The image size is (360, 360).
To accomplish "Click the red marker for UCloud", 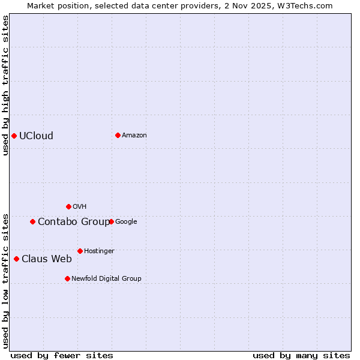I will (x=14, y=136).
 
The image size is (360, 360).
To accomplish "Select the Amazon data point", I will (x=118, y=135).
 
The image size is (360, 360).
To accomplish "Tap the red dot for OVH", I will (x=68, y=206).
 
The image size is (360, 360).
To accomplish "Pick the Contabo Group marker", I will (x=32, y=221).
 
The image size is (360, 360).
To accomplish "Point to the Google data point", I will (x=111, y=221).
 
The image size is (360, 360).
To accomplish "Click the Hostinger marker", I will (x=80, y=251).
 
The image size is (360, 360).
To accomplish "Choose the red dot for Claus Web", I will (x=16, y=259).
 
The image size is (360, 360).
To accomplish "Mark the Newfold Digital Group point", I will (x=67, y=278).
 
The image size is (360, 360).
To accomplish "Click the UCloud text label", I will (x=36, y=136).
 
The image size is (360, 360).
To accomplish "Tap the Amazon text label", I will (x=134, y=135).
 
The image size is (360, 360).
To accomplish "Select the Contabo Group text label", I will (x=74, y=221).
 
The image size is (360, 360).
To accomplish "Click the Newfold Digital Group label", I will (x=106, y=278).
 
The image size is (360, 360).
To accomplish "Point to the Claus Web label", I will (x=47, y=259).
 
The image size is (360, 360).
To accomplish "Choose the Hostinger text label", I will (x=99, y=251).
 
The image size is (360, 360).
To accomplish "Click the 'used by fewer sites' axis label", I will (x=62, y=355).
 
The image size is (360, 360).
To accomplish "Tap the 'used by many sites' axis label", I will (x=301, y=355).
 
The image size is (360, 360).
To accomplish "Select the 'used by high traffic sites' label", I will (x=5, y=85).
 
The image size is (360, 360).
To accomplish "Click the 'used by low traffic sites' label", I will (x=5, y=280).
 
